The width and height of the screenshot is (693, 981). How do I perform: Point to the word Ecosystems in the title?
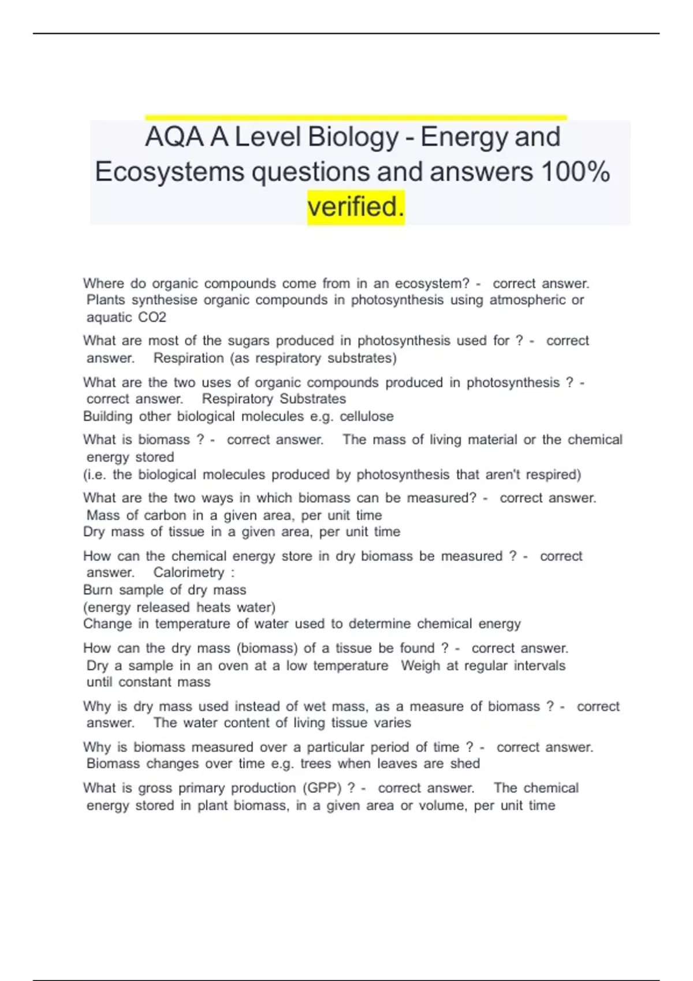pos(169,172)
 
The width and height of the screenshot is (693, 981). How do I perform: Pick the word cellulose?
pos(367,417)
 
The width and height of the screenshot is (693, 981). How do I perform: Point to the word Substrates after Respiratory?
pos(313,399)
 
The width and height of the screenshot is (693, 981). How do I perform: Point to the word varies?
pos(393,723)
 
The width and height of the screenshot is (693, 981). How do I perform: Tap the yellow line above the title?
pos(356,118)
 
